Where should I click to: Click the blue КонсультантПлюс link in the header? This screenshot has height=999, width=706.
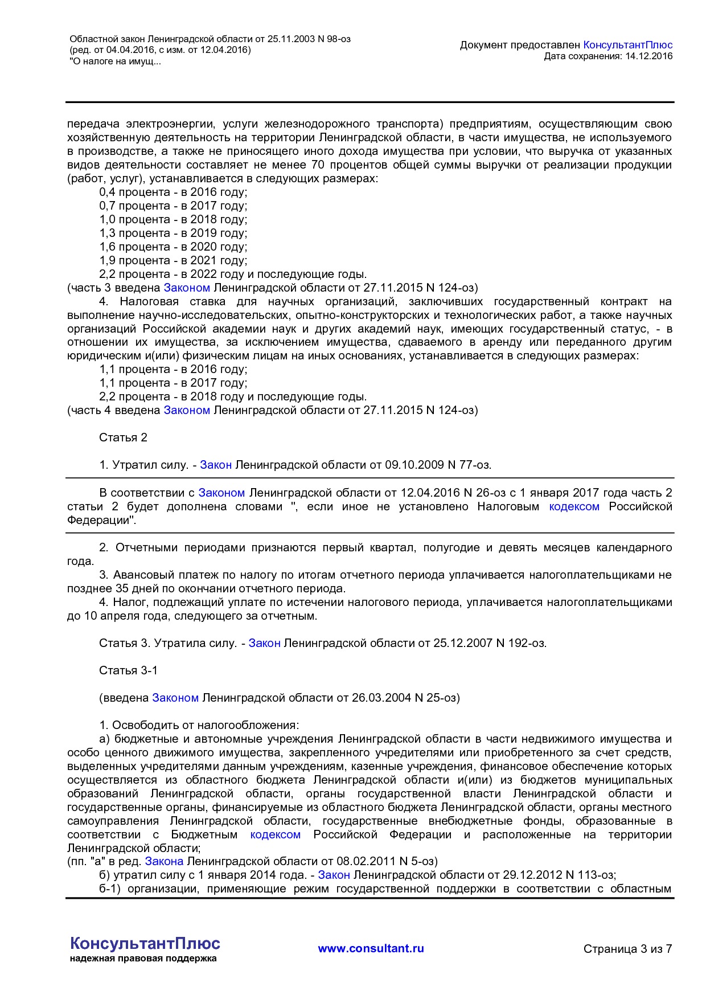[x=627, y=45]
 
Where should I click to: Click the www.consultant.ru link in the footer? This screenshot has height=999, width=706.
[x=371, y=948]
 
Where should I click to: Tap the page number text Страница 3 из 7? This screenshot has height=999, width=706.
[x=627, y=949]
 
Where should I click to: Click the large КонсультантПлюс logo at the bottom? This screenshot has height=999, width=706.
[x=145, y=943]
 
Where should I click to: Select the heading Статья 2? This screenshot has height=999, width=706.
[x=123, y=437]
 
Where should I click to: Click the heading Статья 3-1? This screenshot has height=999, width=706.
[x=128, y=670]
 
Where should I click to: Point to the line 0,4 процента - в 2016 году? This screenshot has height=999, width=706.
[x=173, y=192]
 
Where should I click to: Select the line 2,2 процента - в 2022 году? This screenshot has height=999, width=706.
[x=232, y=274]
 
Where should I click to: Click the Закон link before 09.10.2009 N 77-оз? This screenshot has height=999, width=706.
[x=216, y=465]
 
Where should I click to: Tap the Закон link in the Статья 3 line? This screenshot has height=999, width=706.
[x=264, y=643]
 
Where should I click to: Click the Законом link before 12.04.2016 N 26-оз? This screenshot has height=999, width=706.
[x=221, y=493]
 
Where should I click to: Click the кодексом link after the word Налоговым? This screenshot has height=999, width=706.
[x=574, y=506]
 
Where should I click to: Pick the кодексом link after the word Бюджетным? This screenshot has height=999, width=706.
[x=275, y=834]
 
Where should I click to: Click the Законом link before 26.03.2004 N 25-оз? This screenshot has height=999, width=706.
[x=175, y=698]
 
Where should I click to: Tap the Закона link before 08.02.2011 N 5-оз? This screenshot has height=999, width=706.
[x=164, y=861]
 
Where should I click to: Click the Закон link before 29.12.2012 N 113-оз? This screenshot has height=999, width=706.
[x=334, y=875]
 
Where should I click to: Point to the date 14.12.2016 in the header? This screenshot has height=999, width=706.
[x=648, y=56]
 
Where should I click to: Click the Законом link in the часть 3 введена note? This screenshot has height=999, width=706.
[x=187, y=288]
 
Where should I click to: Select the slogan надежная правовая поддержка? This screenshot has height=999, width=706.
[x=143, y=959]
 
